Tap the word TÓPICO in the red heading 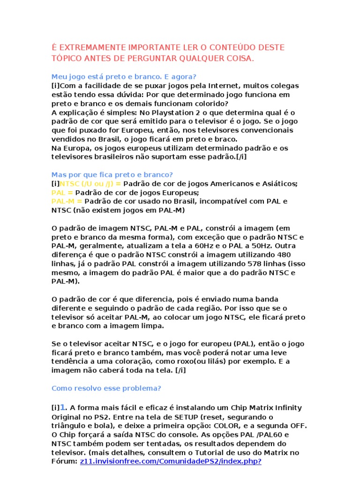pos(67,59)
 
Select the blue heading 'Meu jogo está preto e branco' pos(124,77)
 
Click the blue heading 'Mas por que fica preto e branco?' pos(112,174)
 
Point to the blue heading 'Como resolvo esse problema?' pos(106,388)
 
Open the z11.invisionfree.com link pos(171,461)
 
